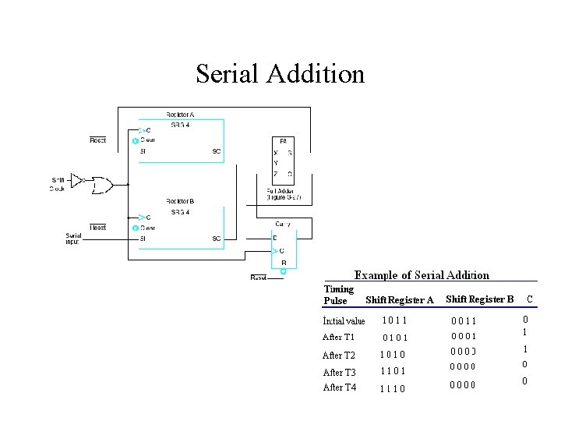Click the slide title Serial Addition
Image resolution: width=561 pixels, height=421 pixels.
(280, 74)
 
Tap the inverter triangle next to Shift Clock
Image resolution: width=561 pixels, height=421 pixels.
(78, 180)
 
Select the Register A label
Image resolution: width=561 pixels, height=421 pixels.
(180, 115)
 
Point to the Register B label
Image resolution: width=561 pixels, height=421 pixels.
(180, 201)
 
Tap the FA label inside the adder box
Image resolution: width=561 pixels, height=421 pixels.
(283, 140)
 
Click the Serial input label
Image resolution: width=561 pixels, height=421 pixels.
(72, 239)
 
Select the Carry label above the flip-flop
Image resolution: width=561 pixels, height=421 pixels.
(282, 224)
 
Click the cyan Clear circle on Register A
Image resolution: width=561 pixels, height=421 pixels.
(135, 141)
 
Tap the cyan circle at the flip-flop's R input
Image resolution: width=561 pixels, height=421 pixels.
(284, 271)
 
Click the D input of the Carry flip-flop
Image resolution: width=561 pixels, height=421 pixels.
(275, 237)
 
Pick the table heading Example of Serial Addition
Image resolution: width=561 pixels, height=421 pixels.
(422, 275)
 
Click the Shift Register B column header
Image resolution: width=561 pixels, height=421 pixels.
(479, 299)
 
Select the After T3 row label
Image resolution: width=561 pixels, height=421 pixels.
(339, 373)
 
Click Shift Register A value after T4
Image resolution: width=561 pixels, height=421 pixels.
(393, 388)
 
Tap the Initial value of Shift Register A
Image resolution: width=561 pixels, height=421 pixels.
(395, 320)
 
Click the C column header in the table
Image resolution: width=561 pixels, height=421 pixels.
(530, 299)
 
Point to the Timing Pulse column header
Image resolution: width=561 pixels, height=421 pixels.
(338, 295)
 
